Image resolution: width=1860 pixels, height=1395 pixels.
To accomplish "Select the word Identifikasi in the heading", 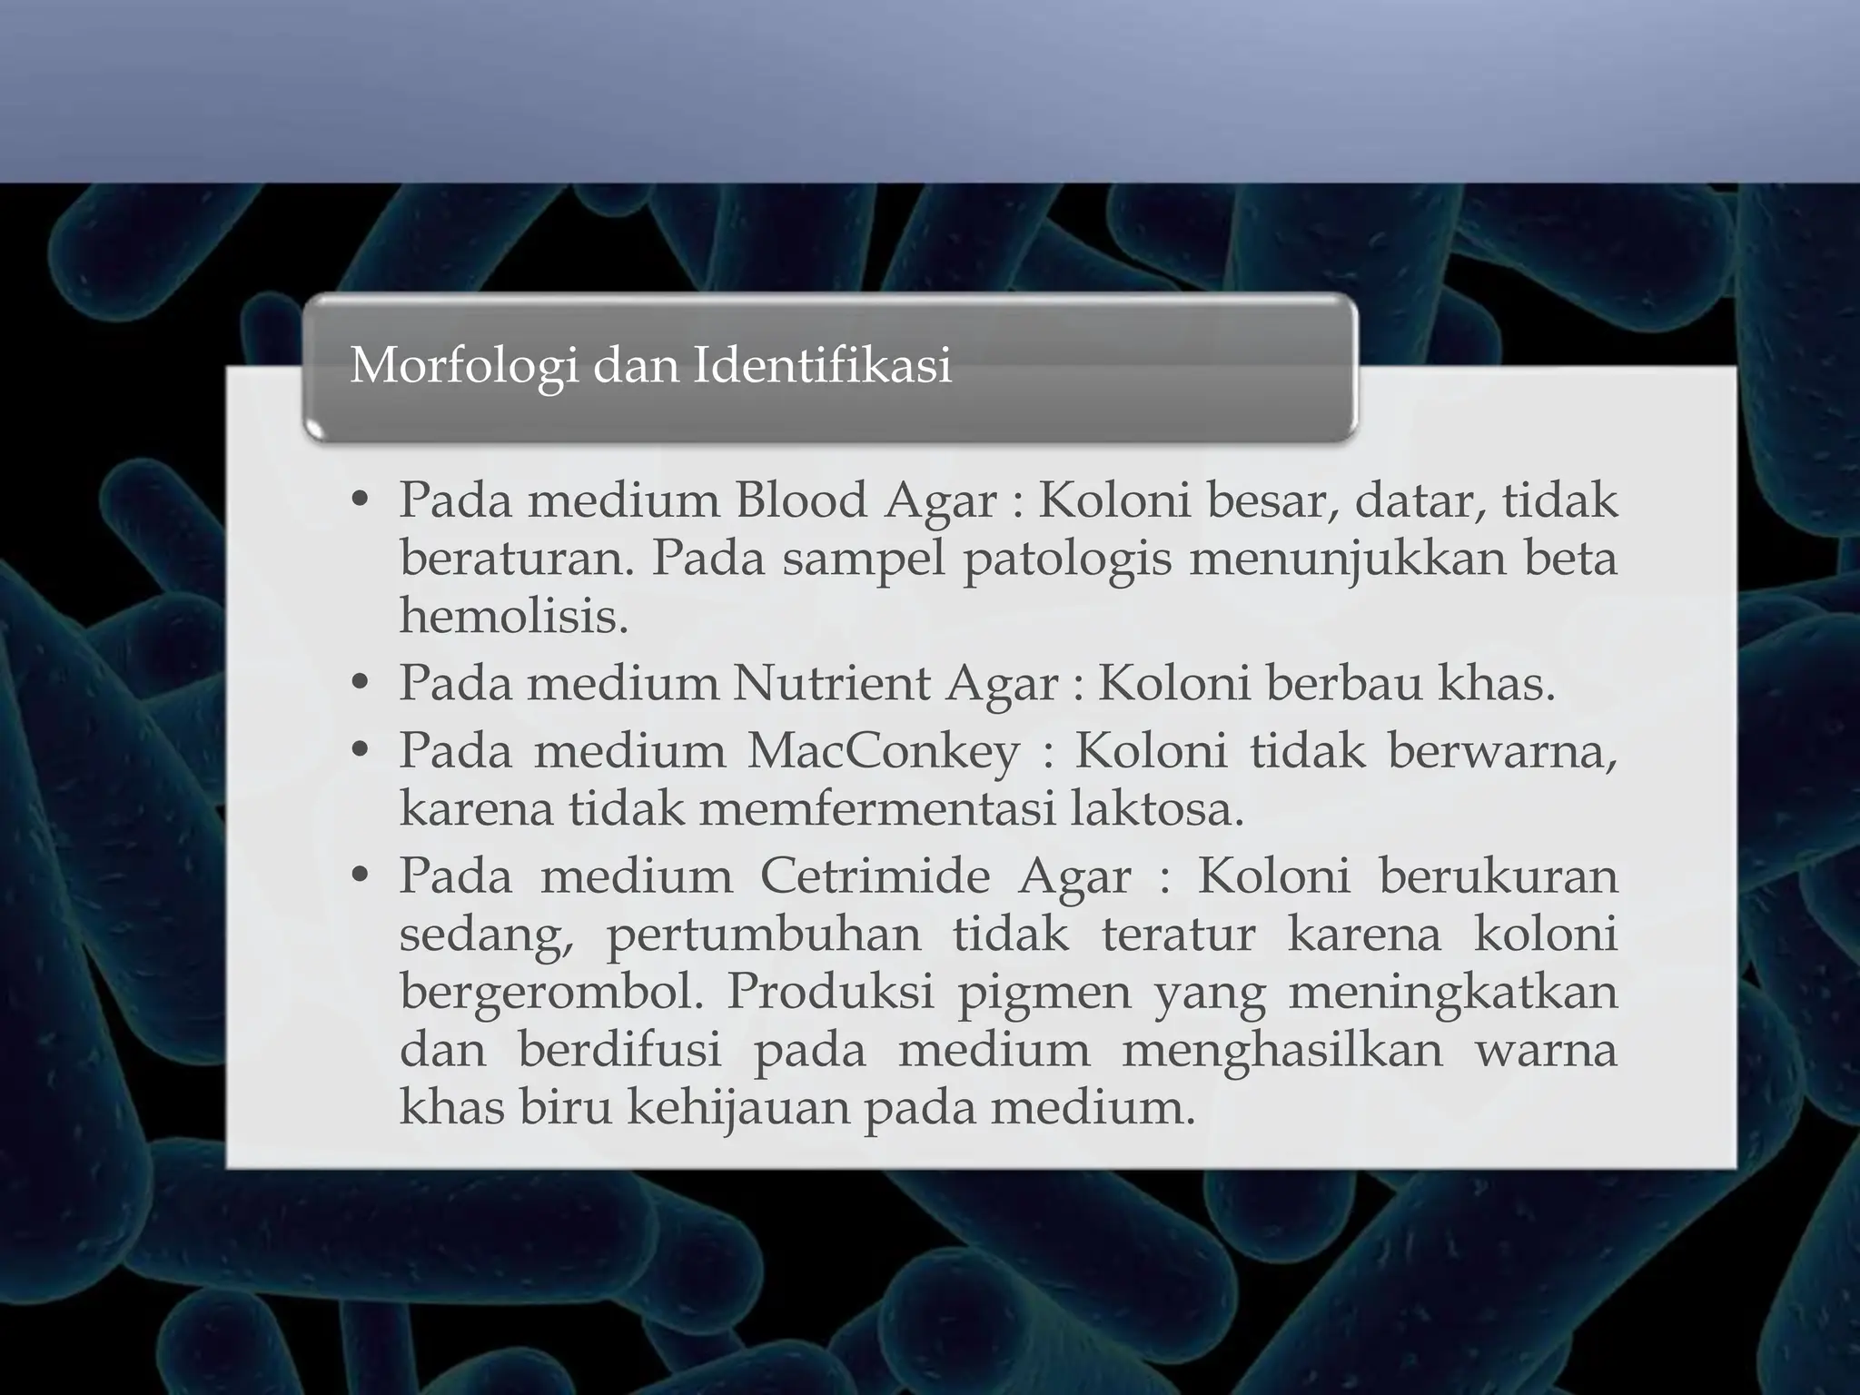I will click(x=823, y=366).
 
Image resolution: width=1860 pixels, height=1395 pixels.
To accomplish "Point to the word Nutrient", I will click(x=830, y=684).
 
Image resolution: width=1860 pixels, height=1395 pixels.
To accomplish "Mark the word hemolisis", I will click(x=514, y=616).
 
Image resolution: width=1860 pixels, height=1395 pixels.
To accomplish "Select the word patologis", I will click(x=1067, y=559).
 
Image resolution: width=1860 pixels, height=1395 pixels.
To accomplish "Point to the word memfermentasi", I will click(x=877, y=808).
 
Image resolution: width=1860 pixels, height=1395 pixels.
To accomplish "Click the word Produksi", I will click(x=830, y=992).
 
